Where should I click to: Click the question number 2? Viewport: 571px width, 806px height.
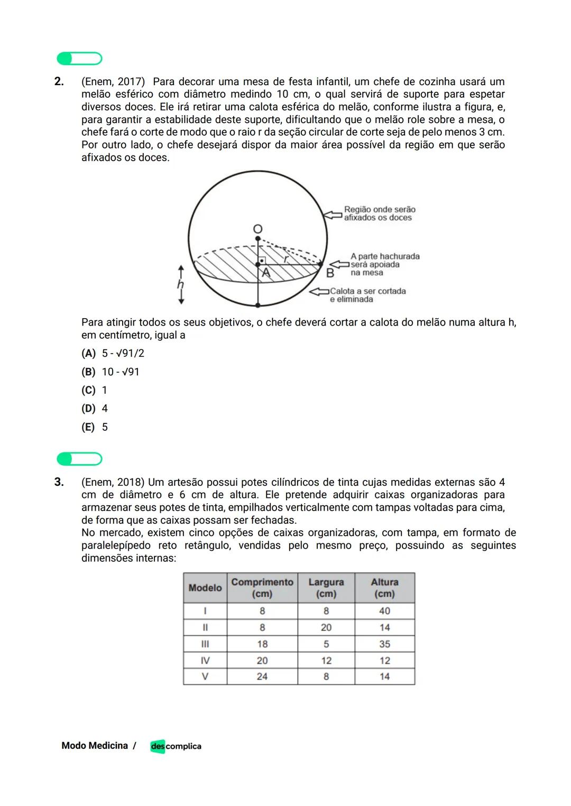59,81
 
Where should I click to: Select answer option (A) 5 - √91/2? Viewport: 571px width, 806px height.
113,353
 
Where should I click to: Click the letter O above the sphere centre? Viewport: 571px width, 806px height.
257,229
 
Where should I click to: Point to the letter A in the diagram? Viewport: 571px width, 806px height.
266,272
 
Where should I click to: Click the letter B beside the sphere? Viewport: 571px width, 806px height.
330,273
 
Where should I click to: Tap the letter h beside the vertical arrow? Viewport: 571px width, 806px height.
180,284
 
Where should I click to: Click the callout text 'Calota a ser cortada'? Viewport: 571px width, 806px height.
368,291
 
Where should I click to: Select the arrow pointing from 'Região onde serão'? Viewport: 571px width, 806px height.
333,215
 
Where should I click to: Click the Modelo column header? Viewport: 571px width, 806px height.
205,588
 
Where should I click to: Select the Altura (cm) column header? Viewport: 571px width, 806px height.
384,588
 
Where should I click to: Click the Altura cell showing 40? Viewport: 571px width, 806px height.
384,611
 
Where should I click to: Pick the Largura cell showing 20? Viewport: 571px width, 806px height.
326,627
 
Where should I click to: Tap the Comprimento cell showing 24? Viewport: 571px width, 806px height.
262,677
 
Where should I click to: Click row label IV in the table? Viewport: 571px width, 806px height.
205,661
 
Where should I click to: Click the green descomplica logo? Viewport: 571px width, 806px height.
176,746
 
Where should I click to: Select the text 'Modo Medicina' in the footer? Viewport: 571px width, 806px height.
95,746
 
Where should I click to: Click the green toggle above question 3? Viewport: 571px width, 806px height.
79,459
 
